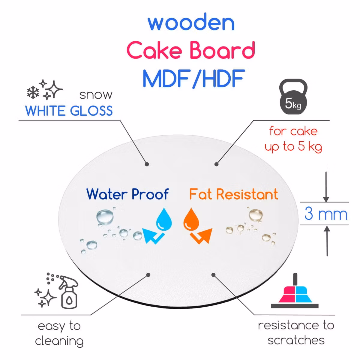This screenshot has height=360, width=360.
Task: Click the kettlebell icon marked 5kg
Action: (293, 98)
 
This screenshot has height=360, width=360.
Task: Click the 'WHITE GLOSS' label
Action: (69, 111)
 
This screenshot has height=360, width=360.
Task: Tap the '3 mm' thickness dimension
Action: (325, 214)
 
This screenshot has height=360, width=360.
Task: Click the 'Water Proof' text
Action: (127, 194)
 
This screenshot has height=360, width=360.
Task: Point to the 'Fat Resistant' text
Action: (234, 194)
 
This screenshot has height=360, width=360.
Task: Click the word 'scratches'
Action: (296, 340)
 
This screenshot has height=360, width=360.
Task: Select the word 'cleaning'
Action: (59, 341)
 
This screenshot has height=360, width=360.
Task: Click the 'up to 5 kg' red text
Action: (293, 147)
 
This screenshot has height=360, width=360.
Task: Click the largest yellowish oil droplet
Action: (256, 214)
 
